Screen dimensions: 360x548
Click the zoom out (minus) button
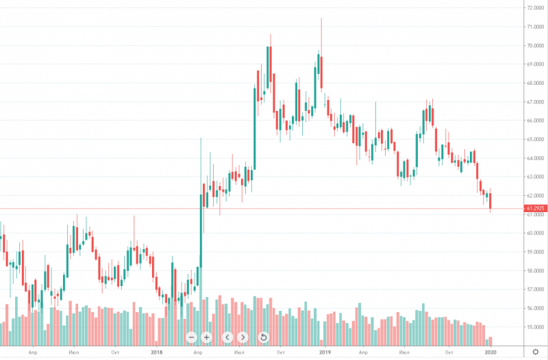[x=191, y=337]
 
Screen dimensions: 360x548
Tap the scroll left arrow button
[x=227, y=337]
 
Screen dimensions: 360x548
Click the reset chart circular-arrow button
[x=264, y=337]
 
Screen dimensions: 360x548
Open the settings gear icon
[x=535, y=352]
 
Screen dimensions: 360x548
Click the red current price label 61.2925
[x=535, y=208]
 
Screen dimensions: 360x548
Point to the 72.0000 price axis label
[x=534, y=8]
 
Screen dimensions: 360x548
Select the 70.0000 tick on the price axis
[x=534, y=46]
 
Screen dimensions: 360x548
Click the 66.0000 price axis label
[x=534, y=120]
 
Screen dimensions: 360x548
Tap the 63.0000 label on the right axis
[x=534, y=177]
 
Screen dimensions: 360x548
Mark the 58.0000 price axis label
[x=534, y=270]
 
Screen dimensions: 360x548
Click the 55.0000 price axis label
[x=534, y=326]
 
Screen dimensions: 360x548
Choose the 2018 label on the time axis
[x=156, y=352]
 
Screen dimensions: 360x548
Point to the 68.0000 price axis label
[x=534, y=83]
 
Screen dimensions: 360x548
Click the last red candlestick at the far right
[x=490, y=201]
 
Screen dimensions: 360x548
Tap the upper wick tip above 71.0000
[x=321, y=19]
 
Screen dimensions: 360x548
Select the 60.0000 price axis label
[x=534, y=233]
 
